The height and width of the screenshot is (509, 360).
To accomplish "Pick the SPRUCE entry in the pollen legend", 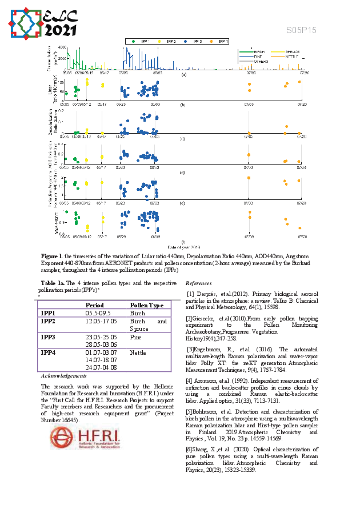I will click(x=279, y=52).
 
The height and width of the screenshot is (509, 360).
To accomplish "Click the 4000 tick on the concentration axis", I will click(x=62, y=47).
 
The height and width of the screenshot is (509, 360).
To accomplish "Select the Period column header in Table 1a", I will click(x=90, y=305).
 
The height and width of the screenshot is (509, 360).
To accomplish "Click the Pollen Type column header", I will click(x=147, y=305).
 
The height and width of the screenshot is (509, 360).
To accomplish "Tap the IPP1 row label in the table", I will click(x=48, y=313).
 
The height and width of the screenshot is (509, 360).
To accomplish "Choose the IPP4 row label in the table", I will click(x=48, y=352).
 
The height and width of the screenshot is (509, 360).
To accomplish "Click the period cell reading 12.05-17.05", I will click(x=101, y=321).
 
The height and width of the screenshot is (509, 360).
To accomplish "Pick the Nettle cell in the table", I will click(x=138, y=352).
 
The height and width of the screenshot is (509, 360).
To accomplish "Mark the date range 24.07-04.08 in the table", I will click(x=101, y=368).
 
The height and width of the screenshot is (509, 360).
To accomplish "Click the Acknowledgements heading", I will click(x=63, y=376).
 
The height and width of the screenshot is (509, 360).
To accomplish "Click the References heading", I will click(x=198, y=283).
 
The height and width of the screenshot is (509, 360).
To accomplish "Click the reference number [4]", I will click(x=190, y=380).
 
